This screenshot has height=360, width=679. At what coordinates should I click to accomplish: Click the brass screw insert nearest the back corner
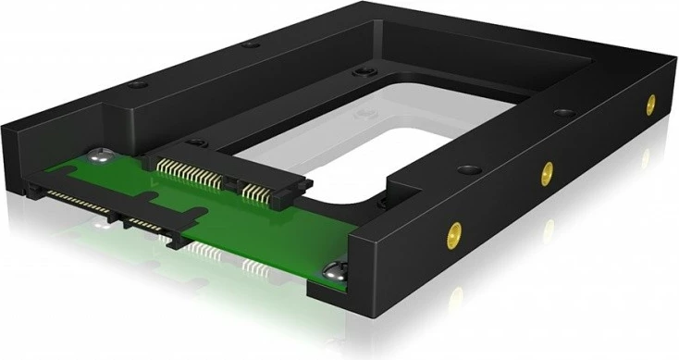pyautogui.click(x=651, y=103)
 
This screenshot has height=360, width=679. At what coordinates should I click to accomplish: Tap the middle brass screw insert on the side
pyautogui.click(x=547, y=170)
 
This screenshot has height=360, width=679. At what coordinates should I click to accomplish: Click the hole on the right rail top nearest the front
pyautogui.click(x=460, y=171)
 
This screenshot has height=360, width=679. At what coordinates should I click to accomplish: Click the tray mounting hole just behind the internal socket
pyautogui.click(x=195, y=143)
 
